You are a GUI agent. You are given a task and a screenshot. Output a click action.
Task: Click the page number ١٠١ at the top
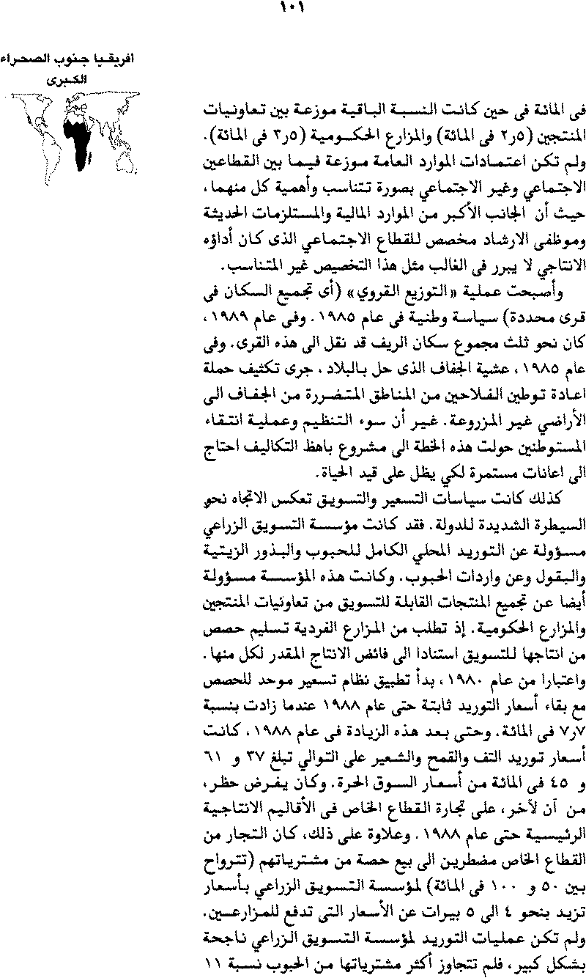(292, 10)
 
